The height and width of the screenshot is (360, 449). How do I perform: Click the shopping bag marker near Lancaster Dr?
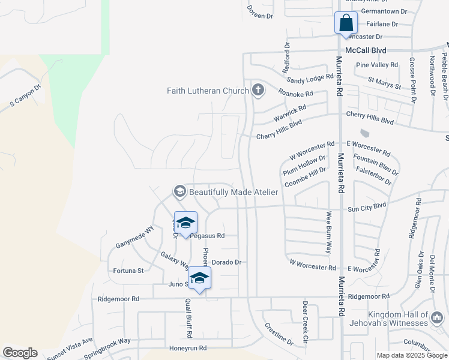[x=346, y=23]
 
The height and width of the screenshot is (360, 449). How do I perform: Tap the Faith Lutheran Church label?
[x=208, y=91]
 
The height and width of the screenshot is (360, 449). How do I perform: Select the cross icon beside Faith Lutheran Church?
[x=258, y=91]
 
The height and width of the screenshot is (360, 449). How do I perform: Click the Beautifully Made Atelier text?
[x=234, y=192]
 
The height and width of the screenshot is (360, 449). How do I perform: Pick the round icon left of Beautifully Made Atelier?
[x=179, y=192]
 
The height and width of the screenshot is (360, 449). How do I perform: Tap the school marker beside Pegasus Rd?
[x=185, y=223]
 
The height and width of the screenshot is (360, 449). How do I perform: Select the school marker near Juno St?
[x=200, y=278]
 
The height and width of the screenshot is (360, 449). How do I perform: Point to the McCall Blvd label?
[x=366, y=50]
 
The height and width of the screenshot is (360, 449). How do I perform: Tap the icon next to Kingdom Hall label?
[x=438, y=316]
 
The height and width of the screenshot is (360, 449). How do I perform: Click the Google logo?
[x=20, y=353]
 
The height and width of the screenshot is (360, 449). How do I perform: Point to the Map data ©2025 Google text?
[x=411, y=355]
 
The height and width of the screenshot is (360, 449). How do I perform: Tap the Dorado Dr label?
[x=226, y=262]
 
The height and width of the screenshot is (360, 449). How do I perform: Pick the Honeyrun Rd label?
[x=187, y=348]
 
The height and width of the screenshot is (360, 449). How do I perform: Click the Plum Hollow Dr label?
[x=304, y=166]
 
